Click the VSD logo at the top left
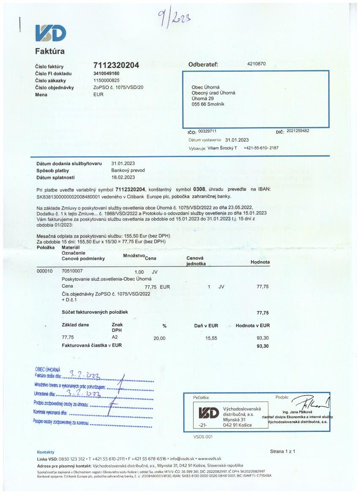click(x=50, y=33)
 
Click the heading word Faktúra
click(x=49, y=52)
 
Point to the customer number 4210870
click(x=256, y=64)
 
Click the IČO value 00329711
click(x=207, y=131)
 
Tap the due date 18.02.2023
click(x=123, y=177)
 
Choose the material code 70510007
click(x=72, y=271)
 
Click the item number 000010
click(x=45, y=271)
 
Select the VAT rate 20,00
click(x=159, y=338)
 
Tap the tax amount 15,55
click(x=211, y=338)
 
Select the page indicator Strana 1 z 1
click(x=282, y=451)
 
